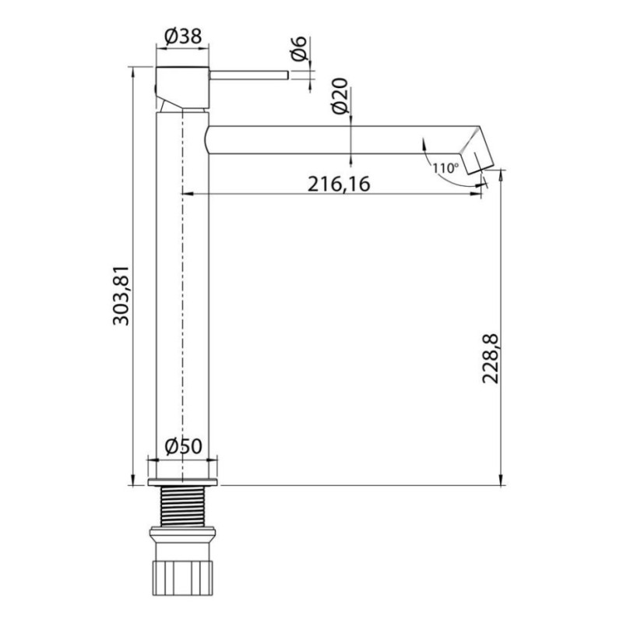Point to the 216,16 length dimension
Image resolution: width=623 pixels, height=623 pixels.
[337, 184]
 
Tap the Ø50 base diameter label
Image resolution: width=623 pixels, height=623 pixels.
[184, 447]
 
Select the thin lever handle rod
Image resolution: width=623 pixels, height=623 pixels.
[249, 75]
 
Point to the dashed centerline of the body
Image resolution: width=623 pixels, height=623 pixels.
[182, 311]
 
